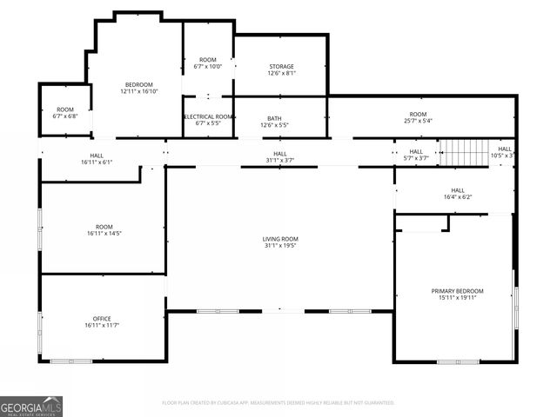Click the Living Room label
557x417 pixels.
(280, 239)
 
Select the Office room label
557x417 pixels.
(102, 319)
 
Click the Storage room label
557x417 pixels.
(281, 66)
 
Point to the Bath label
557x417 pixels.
(274, 119)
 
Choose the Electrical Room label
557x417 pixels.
(208, 116)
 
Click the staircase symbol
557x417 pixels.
(466, 153)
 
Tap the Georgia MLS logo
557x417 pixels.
(31, 406)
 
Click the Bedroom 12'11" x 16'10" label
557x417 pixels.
(138, 84)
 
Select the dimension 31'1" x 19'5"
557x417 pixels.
(280, 246)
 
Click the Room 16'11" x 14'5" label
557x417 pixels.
(104, 230)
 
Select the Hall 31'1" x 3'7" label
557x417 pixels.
(280, 156)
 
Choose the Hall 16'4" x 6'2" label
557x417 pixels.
(458, 194)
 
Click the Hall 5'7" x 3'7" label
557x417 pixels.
(416, 155)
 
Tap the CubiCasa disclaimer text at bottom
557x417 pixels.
(278, 403)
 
